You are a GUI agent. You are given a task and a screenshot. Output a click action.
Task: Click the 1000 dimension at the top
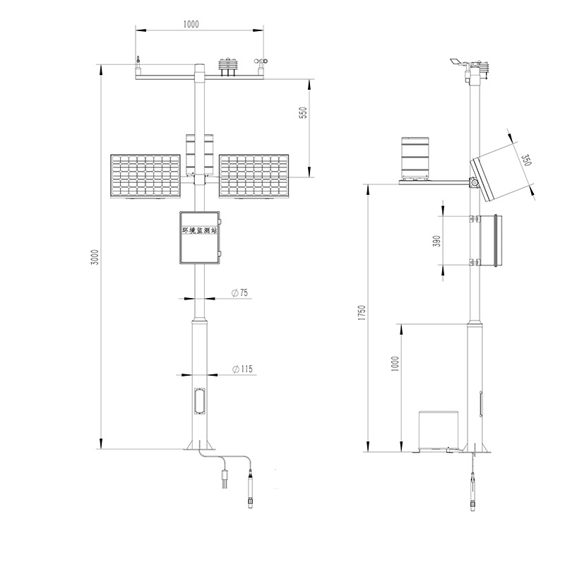point(190,23)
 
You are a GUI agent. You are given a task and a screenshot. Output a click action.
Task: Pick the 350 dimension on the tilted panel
point(526,160)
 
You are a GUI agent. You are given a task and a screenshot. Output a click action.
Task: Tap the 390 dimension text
point(436,241)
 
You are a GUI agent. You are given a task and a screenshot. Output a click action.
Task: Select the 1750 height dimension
point(361,315)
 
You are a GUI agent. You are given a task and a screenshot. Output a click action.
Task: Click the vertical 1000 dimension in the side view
point(395,364)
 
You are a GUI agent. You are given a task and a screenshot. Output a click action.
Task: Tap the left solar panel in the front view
point(145,176)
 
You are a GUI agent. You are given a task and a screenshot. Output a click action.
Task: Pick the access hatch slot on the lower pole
point(198,402)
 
